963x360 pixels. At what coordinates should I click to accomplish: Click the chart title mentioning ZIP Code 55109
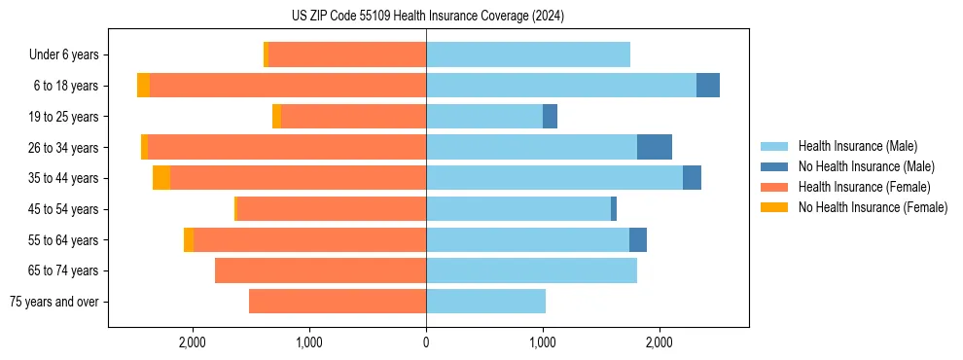(x=427, y=16)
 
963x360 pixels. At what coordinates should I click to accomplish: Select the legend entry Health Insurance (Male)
(x=856, y=146)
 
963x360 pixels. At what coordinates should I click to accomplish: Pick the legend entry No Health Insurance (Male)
(x=866, y=166)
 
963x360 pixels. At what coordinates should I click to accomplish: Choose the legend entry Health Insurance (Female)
(x=863, y=187)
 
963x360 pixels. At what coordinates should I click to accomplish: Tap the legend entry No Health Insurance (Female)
(x=873, y=207)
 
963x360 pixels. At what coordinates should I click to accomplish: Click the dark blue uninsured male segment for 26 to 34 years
(x=655, y=147)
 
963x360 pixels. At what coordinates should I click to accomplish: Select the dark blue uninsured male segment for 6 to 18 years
(x=708, y=86)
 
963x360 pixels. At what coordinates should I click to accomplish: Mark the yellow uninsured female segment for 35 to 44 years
(x=161, y=178)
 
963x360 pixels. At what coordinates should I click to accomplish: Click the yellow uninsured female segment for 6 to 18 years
(x=143, y=86)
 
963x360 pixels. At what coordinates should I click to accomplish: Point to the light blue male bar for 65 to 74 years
(x=531, y=270)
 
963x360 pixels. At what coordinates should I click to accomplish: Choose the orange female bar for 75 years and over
(x=338, y=302)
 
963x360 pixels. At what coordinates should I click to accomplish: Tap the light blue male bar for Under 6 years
(x=528, y=55)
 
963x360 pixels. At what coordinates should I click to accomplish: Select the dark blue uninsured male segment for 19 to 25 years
(x=550, y=117)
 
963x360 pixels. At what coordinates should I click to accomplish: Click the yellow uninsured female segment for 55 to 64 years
(x=189, y=239)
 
